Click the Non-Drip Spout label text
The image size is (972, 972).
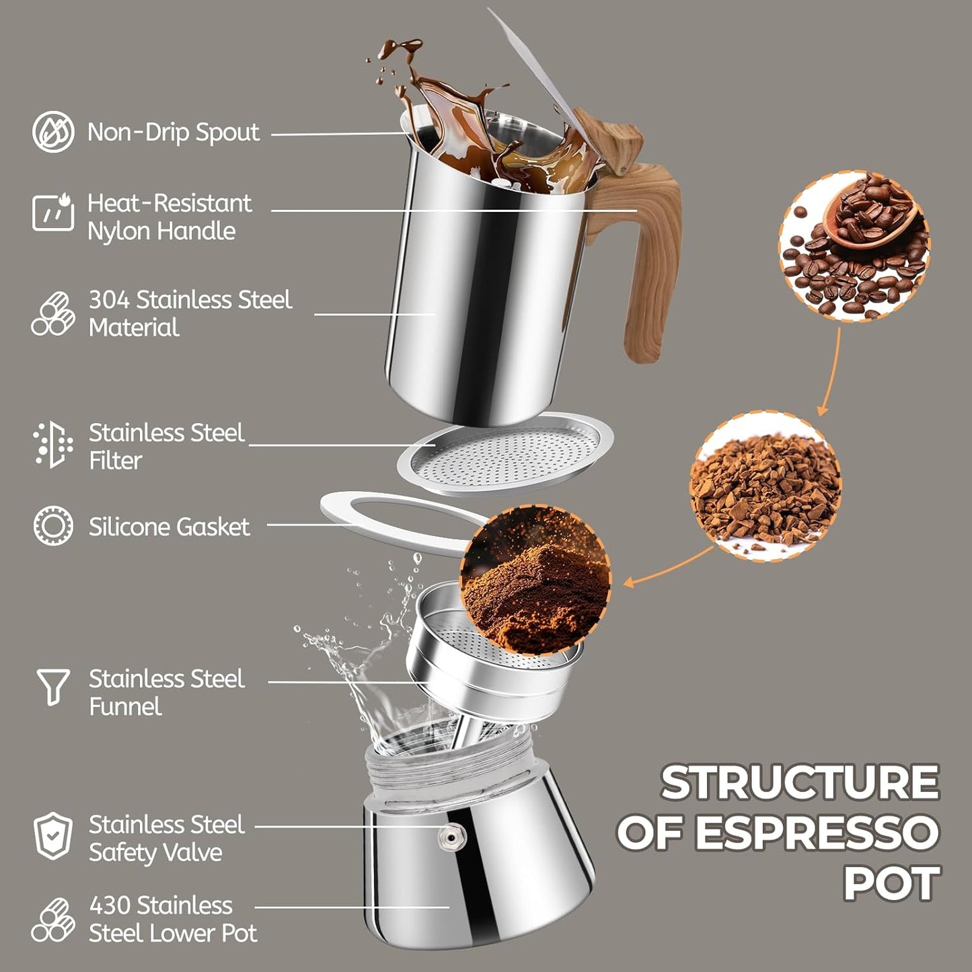tap(173, 133)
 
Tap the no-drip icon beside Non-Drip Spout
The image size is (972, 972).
tap(53, 132)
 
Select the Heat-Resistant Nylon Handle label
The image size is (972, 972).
tap(170, 217)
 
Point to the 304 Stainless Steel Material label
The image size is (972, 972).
tap(190, 313)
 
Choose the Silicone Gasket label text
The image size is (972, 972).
tap(169, 527)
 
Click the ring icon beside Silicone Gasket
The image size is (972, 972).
tap(53, 525)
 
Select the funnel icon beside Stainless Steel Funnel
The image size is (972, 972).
tap(53, 685)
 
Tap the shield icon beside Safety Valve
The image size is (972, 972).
tap(53, 836)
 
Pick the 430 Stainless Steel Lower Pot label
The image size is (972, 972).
tap(173, 920)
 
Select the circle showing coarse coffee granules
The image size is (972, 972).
tap(765, 487)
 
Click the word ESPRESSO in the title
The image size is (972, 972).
tap(816, 833)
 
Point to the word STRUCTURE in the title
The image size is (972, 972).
tap(800, 783)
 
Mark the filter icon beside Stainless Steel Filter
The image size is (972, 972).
tap(53, 445)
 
